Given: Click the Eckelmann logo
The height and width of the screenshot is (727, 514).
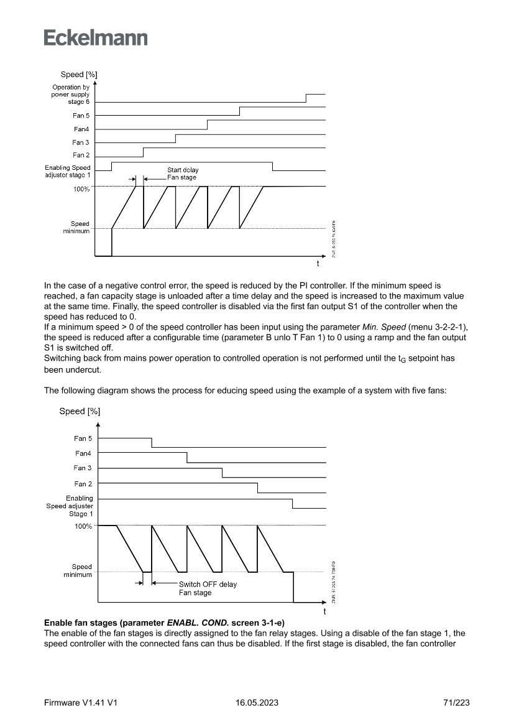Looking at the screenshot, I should pos(96,37).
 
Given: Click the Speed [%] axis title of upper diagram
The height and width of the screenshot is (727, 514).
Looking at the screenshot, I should pos(79,75).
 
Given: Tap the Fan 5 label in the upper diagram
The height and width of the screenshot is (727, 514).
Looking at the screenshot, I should pos(81,116).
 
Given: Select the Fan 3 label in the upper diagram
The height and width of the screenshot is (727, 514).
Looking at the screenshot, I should pos(81,142).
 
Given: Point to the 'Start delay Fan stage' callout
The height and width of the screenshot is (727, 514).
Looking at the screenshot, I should pos(183,174).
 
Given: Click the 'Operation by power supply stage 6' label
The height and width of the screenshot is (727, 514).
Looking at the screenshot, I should pos(71,94).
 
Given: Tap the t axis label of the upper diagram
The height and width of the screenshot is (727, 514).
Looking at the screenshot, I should pos(318,264).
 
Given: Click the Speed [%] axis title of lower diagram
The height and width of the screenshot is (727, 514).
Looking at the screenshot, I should pos(80,411).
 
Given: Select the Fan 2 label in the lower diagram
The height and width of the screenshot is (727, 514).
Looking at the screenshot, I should pos(83,484).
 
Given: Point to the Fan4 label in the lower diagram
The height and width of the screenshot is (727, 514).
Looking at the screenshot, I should pos(83,453).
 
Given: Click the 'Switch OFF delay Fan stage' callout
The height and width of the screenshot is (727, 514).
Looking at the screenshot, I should pos(208,588).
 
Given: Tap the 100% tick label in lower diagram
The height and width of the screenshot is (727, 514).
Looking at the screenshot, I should pos(83,526).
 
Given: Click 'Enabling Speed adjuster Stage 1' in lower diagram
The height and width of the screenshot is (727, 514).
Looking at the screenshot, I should pos(70,506).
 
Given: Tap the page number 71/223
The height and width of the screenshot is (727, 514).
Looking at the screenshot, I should pos(457,702).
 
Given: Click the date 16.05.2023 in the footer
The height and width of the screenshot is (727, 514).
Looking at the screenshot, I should pos(257,702).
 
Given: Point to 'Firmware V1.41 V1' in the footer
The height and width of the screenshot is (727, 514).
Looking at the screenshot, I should pos(81,702).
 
